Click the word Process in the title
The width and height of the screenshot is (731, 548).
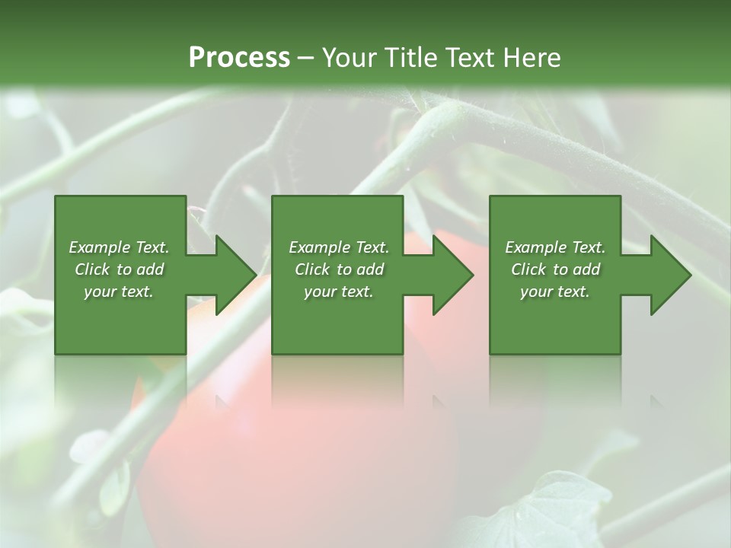(239, 58)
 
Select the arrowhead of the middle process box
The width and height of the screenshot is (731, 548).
(452, 275)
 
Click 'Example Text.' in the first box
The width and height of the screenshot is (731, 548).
(119, 247)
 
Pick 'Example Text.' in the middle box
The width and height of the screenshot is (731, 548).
(338, 247)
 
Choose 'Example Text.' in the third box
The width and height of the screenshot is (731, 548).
(555, 247)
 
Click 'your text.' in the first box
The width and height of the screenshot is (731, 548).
(119, 292)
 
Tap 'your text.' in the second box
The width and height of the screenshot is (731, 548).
(338, 292)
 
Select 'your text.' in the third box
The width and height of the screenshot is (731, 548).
(555, 292)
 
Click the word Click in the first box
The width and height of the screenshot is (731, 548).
(93, 269)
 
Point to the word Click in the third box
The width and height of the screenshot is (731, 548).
(529, 269)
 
